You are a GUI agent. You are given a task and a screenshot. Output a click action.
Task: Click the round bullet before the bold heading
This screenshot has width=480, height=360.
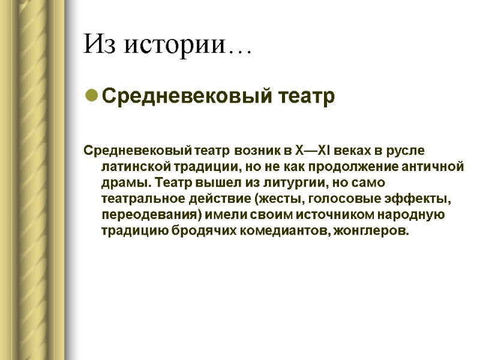tap(91, 96)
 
